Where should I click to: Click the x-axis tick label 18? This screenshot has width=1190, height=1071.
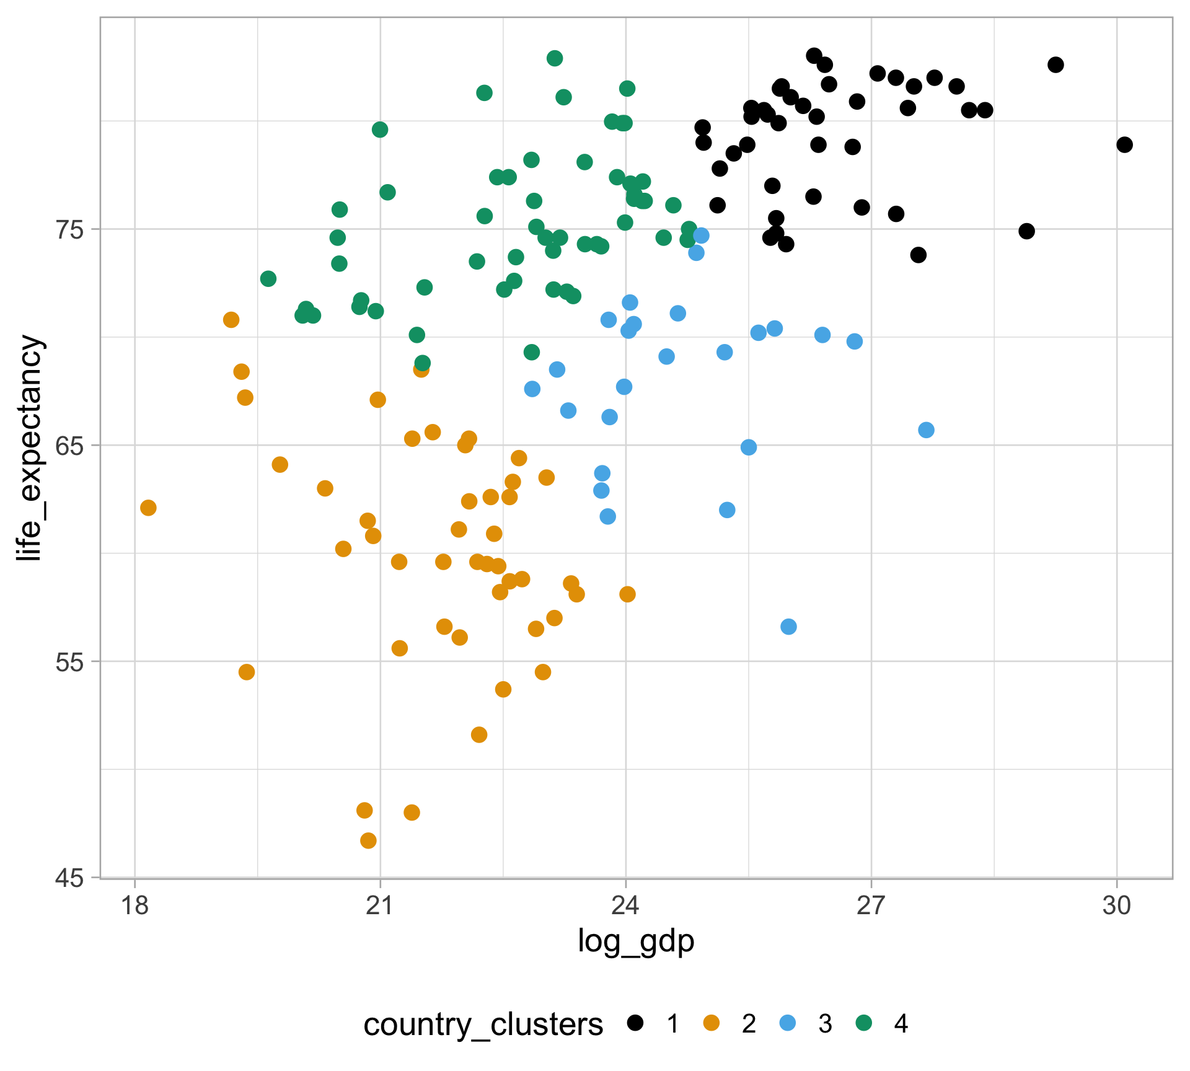click(134, 906)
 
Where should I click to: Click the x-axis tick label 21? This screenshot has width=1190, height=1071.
click(380, 906)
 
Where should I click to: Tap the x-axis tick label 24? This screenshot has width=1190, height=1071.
click(625, 906)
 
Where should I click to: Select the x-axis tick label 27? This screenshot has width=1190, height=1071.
click(871, 906)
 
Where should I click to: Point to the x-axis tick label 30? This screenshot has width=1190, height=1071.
click(1117, 906)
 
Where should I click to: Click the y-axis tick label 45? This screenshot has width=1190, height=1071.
click(69, 878)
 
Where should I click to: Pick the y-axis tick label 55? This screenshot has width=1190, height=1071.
click(69, 661)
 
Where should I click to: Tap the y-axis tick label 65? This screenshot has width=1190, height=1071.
click(69, 445)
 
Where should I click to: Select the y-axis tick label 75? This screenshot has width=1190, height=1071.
click(69, 229)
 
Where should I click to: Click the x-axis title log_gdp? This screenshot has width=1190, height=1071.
click(636, 941)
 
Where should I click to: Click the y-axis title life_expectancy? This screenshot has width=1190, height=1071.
click(29, 447)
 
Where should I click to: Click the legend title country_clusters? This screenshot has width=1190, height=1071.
click(483, 1025)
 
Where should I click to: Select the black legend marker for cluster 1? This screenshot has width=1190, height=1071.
click(635, 1023)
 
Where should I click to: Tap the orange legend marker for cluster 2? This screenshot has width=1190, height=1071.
click(712, 1023)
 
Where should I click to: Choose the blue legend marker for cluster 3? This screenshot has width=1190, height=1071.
click(787, 1023)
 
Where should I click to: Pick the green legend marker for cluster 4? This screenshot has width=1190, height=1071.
click(863, 1023)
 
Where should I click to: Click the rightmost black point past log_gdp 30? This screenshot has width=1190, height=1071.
click(1124, 144)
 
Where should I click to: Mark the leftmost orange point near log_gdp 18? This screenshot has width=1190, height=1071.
click(148, 508)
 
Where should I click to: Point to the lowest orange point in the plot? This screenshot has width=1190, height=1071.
click(368, 840)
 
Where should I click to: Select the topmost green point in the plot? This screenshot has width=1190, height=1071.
click(555, 58)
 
